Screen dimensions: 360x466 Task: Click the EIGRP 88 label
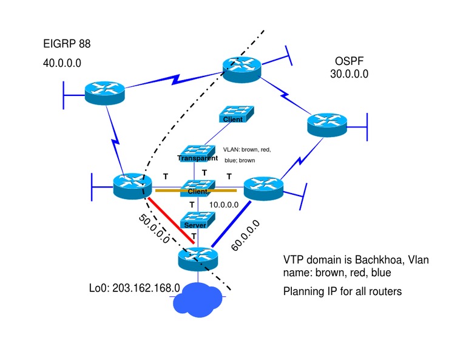coord(67,44)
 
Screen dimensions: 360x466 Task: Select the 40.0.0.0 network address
coord(63,63)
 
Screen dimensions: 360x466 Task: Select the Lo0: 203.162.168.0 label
coord(135,287)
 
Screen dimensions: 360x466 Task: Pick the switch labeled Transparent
coord(197,154)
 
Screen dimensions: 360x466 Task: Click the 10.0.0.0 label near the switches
coord(224,205)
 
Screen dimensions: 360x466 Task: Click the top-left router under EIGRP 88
coord(104,93)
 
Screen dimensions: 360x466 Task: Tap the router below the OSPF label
coord(327,124)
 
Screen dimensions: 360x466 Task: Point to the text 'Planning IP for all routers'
coord(342,291)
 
